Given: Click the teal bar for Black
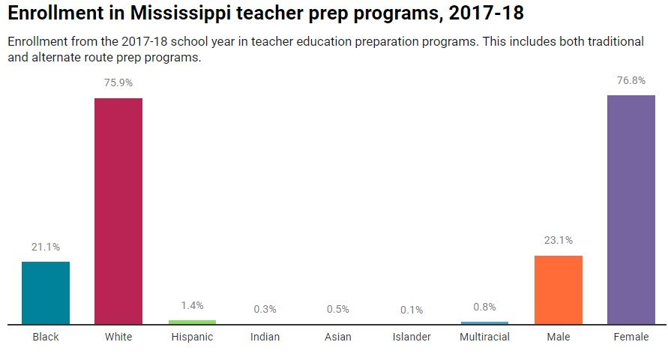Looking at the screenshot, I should (46, 292).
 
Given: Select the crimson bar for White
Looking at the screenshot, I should (118, 211).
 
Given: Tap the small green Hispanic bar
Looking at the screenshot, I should (192, 322).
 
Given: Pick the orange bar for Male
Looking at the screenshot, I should (558, 289).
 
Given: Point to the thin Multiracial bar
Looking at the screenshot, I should (484, 322).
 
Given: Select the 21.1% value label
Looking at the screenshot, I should (46, 247).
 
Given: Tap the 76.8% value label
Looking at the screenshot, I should (631, 81).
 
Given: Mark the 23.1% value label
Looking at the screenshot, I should (558, 241).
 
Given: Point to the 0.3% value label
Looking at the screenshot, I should (265, 309).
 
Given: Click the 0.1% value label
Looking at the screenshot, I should (412, 310).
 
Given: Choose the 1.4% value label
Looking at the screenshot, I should (192, 305).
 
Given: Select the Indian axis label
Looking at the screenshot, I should (265, 337).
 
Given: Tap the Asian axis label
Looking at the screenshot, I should (338, 337).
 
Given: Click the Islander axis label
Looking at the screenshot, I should (412, 337).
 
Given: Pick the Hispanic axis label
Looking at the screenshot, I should (192, 337).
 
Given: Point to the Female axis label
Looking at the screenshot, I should (631, 337).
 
